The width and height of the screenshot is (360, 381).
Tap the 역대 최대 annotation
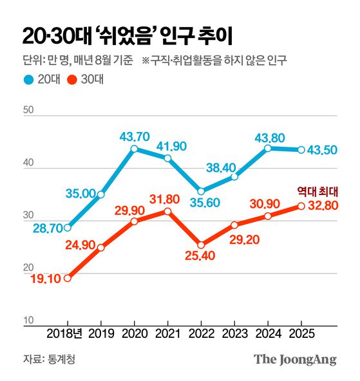pyautogui.click(x=318, y=191)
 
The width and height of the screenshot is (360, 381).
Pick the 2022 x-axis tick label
pyautogui.click(x=201, y=335)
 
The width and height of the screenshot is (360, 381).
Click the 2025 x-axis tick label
pyautogui.click(x=301, y=335)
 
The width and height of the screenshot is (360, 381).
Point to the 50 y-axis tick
pyautogui.click(x=28, y=111)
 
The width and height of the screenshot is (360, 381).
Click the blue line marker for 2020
pyautogui.click(x=134, y=149)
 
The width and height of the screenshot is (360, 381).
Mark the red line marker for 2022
pyautogui.click(x=201, y=245)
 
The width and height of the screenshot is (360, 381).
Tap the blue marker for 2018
pyautogui.click(x=68, y=227)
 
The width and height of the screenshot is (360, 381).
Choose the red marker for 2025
pyautogui.click(x=301, y=206)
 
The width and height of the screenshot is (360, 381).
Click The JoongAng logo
pyautogui.click(x=294, y=359)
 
